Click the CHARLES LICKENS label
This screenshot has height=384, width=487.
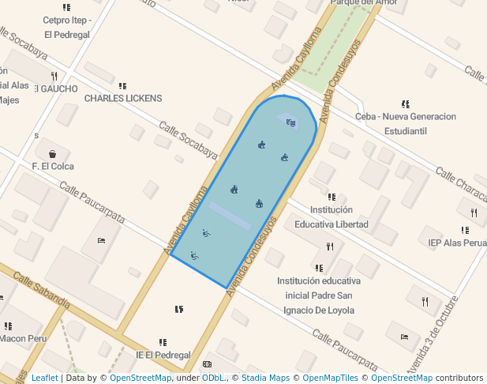point(122,98)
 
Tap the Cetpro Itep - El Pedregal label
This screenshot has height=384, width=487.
point(67,28)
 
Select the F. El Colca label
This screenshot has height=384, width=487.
point(53,167)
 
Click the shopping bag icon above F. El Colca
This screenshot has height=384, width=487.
point(52,153)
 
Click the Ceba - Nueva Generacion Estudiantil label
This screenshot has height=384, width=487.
point(406,123)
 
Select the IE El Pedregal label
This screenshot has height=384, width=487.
point(163,356)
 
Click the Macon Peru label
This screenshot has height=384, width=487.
point(23,338)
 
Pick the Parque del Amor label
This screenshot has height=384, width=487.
point(363,3)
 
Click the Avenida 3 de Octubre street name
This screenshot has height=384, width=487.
point(431,335)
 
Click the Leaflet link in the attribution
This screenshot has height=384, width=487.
point(44,378)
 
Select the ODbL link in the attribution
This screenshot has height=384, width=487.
point(212,378)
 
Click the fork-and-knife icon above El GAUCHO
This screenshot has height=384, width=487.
point(54,77)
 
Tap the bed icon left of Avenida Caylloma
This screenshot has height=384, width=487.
point(101,240)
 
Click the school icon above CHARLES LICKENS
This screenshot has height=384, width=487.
point(122,85)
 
